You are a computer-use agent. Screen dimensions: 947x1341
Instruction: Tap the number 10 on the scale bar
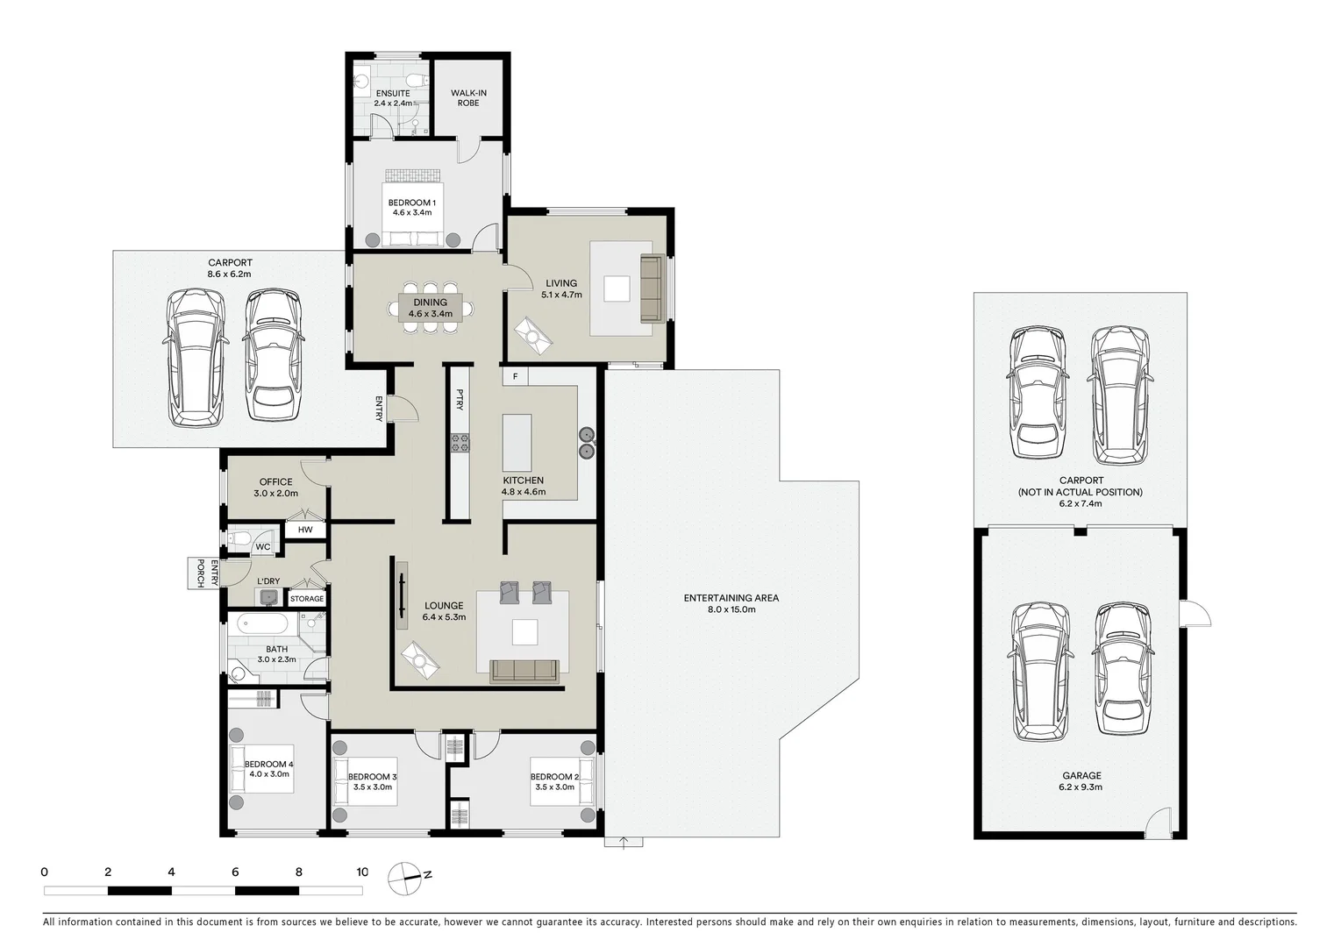click(362, 872)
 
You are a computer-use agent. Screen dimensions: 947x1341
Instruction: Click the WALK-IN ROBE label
click(468, 97)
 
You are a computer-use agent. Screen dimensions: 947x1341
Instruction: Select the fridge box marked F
click(516, 377)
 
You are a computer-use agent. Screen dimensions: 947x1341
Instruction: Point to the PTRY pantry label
click(460, 401)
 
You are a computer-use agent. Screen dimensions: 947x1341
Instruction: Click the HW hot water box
click(305, 530)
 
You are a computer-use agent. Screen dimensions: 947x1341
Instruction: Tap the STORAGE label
click(307, 599)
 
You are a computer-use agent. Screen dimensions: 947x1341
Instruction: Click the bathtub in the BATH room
click(261, 625)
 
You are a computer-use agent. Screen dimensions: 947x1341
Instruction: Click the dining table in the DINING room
click(430, 308)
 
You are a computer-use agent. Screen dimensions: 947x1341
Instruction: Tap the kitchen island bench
click(517, 444)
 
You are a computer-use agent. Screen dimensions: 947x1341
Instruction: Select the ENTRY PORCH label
click(201, 573)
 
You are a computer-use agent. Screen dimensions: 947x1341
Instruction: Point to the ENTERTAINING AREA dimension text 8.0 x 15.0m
click(731, 609)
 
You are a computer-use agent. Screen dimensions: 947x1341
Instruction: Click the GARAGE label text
click(1081, 776)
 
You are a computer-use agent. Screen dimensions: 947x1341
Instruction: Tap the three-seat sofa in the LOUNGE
click(524, 671)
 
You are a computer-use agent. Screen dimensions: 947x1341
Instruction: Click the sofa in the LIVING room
click(650, 288)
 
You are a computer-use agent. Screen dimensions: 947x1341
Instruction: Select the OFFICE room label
click(275, 482)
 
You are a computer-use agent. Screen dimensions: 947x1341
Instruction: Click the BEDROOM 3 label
click(372, 777)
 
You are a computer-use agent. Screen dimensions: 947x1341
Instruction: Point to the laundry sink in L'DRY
click(269, 598)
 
